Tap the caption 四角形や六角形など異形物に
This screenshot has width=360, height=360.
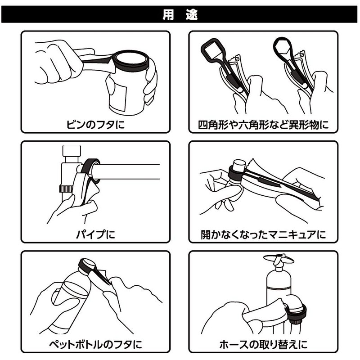(264, 123)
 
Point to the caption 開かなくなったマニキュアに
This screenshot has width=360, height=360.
(263, 234)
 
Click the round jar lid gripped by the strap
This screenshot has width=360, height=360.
(132, 60)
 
